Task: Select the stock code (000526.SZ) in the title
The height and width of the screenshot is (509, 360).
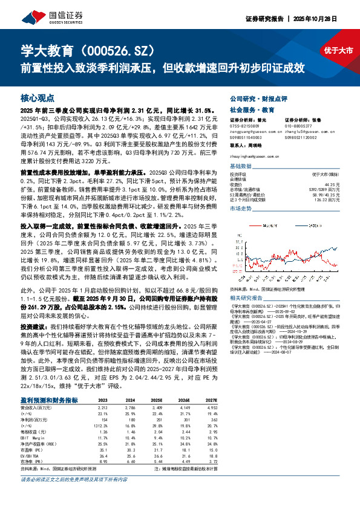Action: (111, 50)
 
